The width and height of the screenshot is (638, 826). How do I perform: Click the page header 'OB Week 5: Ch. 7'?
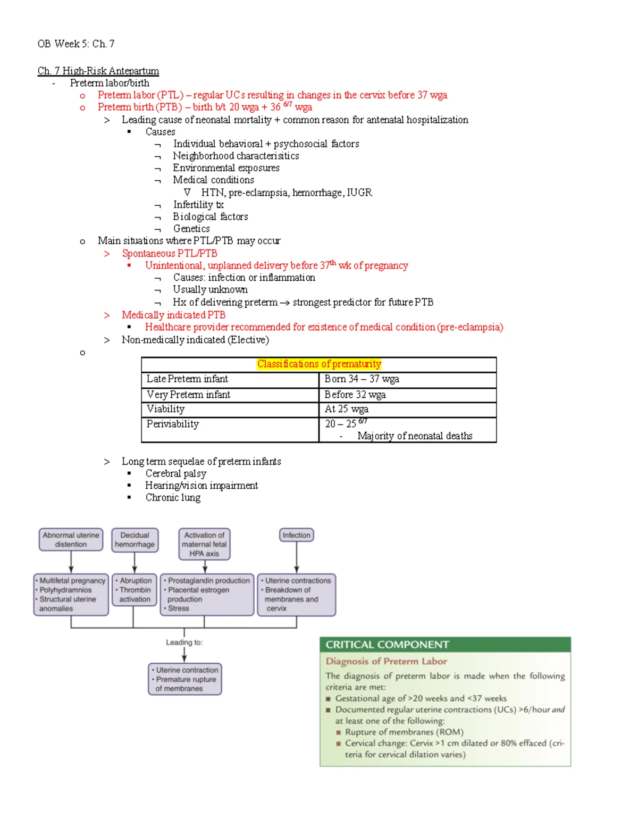(76, 44)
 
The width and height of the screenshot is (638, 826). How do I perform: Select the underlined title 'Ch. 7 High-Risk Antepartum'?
(98, 71)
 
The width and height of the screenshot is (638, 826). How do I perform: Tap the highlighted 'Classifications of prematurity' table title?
(319, 364)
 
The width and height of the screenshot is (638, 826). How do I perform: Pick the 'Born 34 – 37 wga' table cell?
(362, 379)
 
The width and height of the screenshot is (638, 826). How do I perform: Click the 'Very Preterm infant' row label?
(188, 394)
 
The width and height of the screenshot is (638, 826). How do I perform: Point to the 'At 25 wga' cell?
(346, 408)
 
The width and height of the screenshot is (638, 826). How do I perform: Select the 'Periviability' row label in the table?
(172, 424)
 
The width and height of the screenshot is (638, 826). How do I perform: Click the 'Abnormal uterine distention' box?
(71, 539)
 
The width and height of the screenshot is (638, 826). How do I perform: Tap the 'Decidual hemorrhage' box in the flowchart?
(135, 539)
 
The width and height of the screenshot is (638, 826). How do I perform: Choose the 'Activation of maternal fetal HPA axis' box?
(204, 544)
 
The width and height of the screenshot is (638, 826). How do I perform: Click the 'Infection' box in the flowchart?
(296, 535)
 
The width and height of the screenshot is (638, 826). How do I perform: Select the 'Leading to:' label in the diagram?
(184, 642)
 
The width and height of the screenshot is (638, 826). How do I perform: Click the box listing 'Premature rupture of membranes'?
(184, 679)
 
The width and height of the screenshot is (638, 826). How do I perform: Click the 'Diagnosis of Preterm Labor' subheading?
(386, 661)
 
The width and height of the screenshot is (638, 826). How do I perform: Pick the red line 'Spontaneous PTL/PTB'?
(169, 253)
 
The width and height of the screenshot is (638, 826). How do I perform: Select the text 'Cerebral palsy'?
(175, 473)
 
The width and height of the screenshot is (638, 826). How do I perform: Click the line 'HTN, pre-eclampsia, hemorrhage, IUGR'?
(286, 192)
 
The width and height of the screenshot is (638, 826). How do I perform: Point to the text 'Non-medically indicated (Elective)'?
(195, 339)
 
